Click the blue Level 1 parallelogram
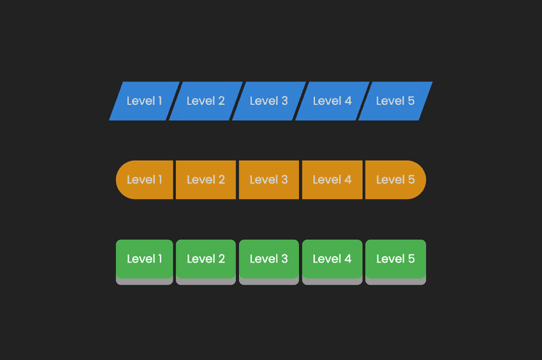coord(145,101)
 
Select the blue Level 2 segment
coord(206,101)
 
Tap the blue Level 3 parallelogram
coord(269,101)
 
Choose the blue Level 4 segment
coord(333,101)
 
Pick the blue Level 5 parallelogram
coord(396,101)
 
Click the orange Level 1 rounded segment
coord(145,179)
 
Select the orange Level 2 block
coord(206,179)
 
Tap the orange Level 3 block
coord(269,179)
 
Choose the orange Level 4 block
coord(333,179)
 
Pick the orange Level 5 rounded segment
coord(396,179)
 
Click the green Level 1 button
coord(145,262)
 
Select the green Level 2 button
coord(206,262)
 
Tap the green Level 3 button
coord(269,262)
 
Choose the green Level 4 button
coord(333,262)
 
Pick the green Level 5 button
coord(396,262)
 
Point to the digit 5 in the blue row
coord(411,101)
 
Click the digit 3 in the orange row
coord(285,179)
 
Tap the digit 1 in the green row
coord(160,258)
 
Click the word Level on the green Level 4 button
coord(327,258)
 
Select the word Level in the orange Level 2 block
coord(201,179)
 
